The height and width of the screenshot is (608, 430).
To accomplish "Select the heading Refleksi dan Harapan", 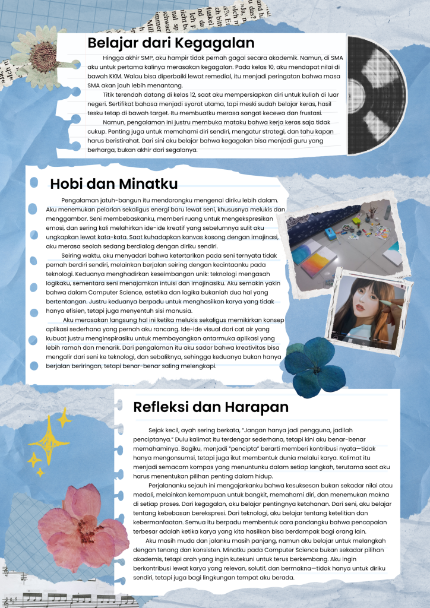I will [x=211, y=407].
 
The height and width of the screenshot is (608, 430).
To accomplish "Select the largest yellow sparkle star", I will [x=49, y=439].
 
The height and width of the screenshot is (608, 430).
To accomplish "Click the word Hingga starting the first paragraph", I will [x=113, y=58].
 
